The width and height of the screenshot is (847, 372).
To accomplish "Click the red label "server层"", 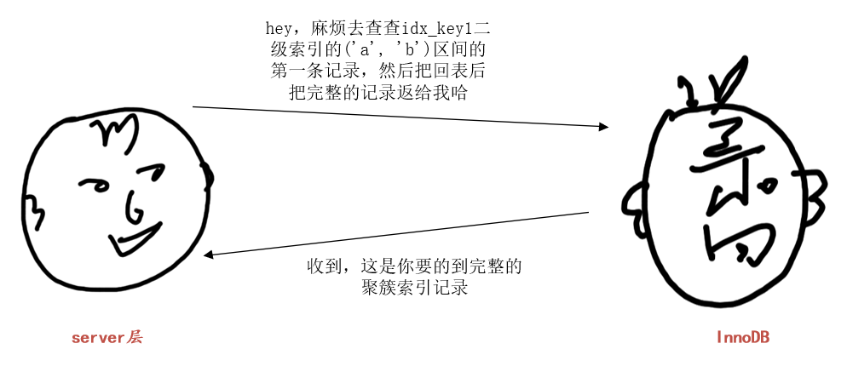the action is tap(107, 338).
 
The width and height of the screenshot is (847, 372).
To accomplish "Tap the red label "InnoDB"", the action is tap(742, 338).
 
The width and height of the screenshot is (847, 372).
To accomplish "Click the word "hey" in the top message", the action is tap(278, 31).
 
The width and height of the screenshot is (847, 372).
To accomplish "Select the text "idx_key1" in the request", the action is tap(417, 31).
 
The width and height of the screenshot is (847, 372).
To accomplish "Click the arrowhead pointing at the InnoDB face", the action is tap(603, 126).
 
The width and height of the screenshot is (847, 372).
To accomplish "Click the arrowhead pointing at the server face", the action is tap(210, 254).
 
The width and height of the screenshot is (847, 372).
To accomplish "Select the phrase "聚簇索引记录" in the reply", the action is tap(415, 288).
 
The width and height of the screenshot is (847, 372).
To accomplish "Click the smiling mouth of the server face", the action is tap(136, 239).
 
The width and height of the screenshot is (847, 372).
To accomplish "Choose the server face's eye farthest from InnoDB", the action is tap(93, 183).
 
